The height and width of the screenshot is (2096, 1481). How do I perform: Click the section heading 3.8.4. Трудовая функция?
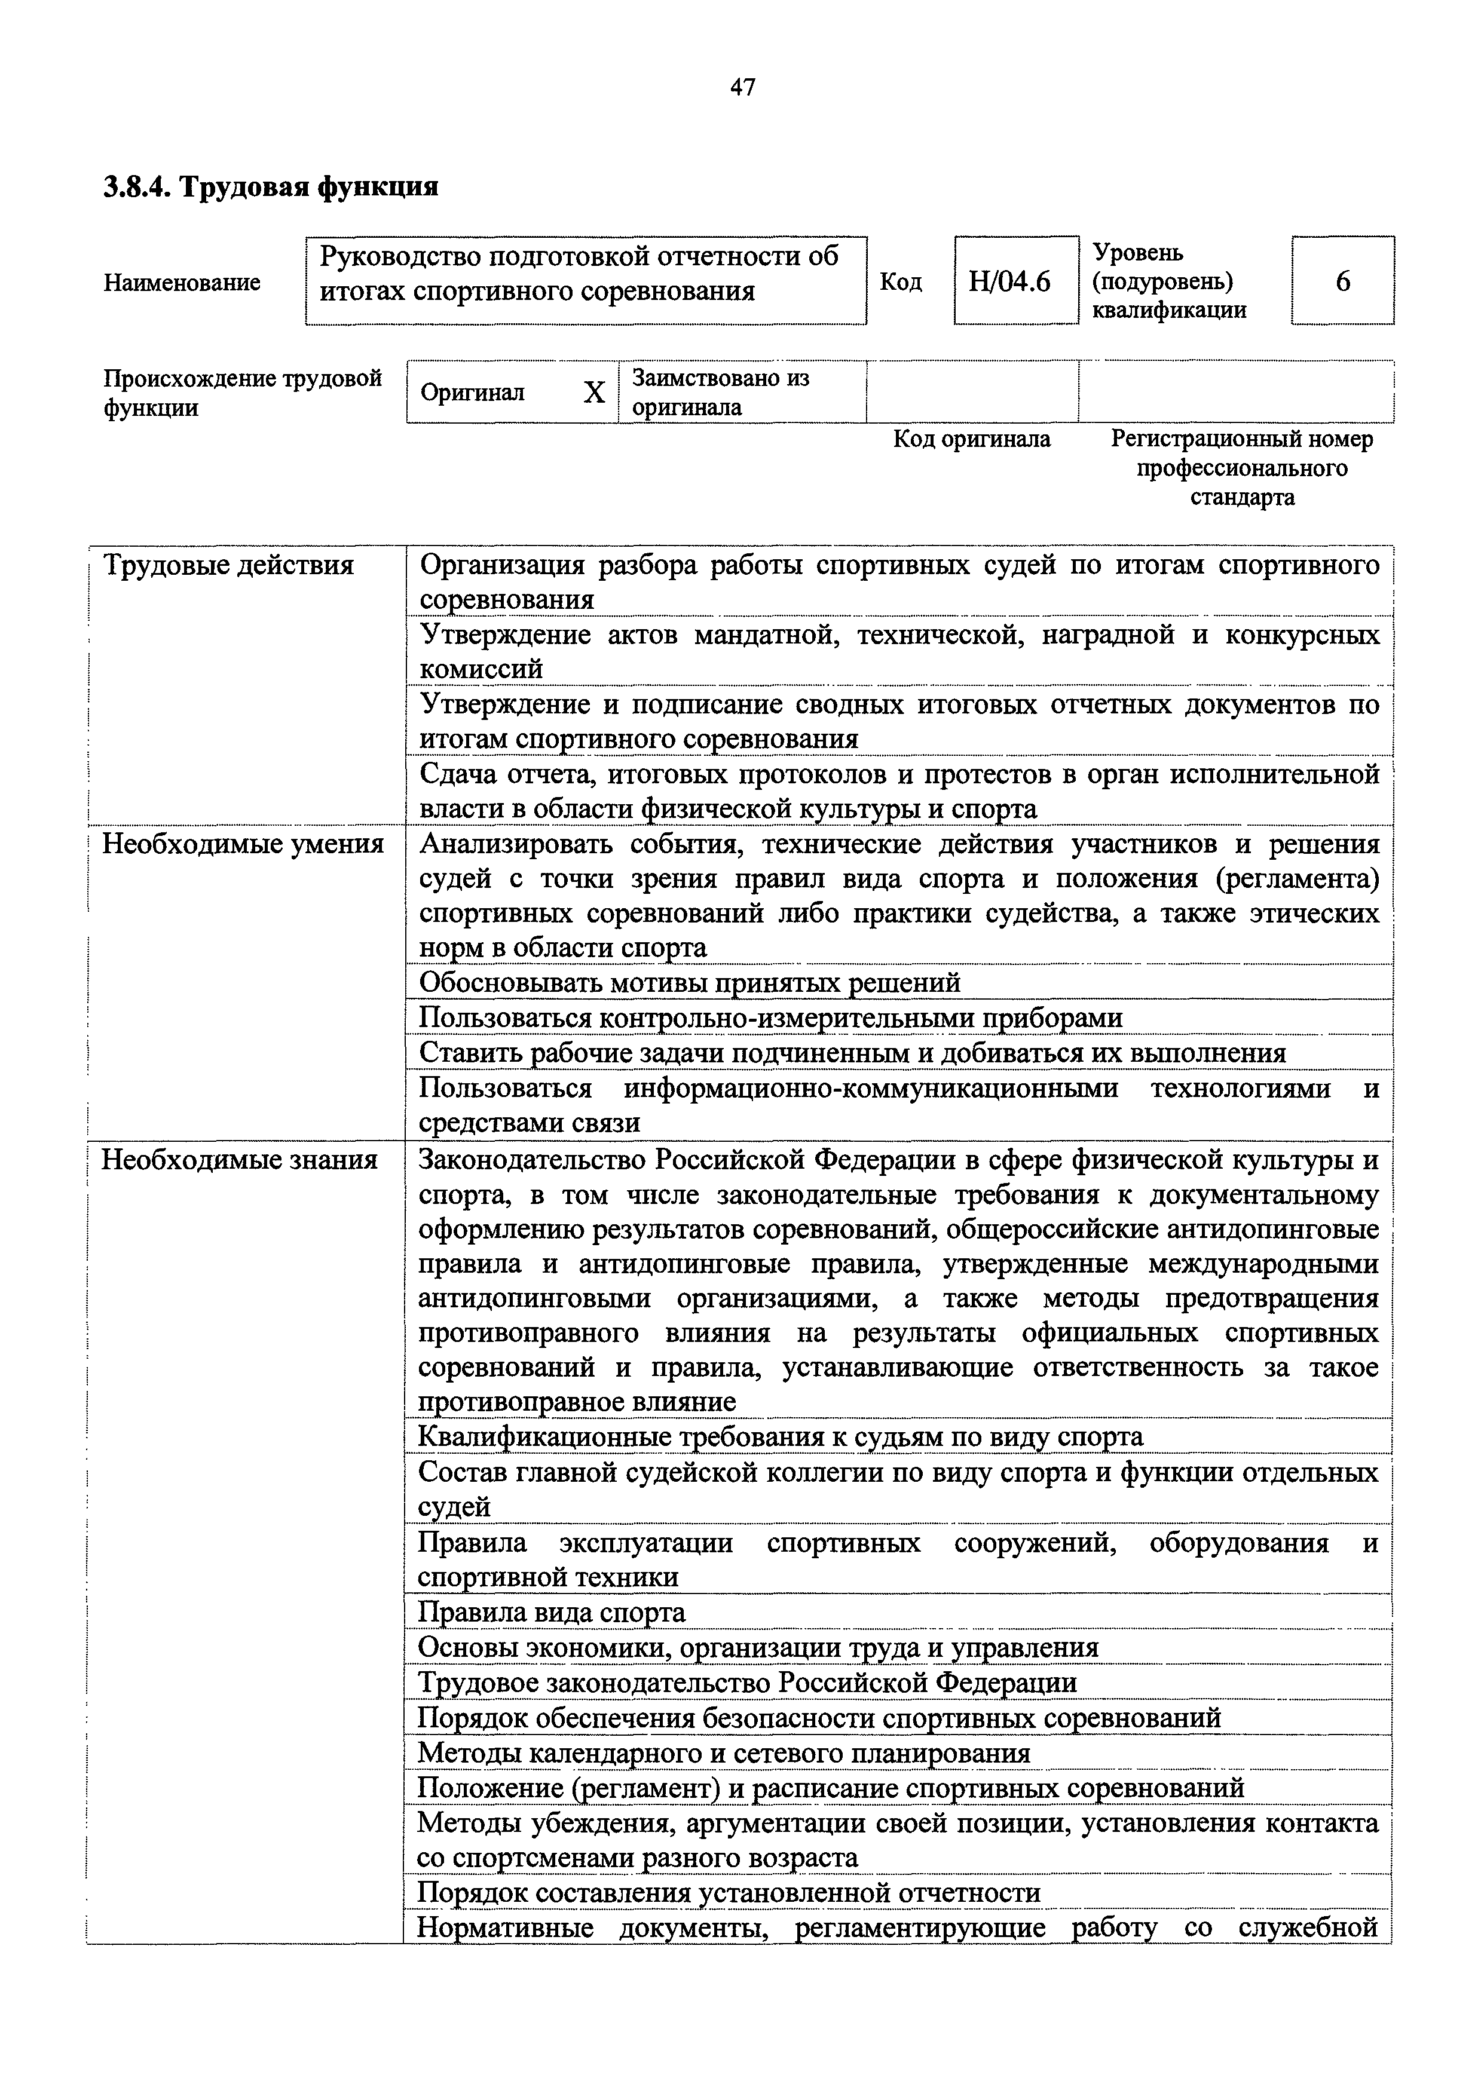270,187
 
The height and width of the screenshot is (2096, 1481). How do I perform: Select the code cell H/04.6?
1009,281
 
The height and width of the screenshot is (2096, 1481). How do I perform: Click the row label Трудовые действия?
228,566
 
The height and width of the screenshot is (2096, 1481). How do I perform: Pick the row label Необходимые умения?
243,844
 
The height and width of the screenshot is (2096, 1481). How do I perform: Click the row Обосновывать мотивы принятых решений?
689,983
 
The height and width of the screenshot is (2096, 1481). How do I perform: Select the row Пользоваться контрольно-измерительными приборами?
770,1018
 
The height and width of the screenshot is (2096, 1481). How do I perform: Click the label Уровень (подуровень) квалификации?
1169,281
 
